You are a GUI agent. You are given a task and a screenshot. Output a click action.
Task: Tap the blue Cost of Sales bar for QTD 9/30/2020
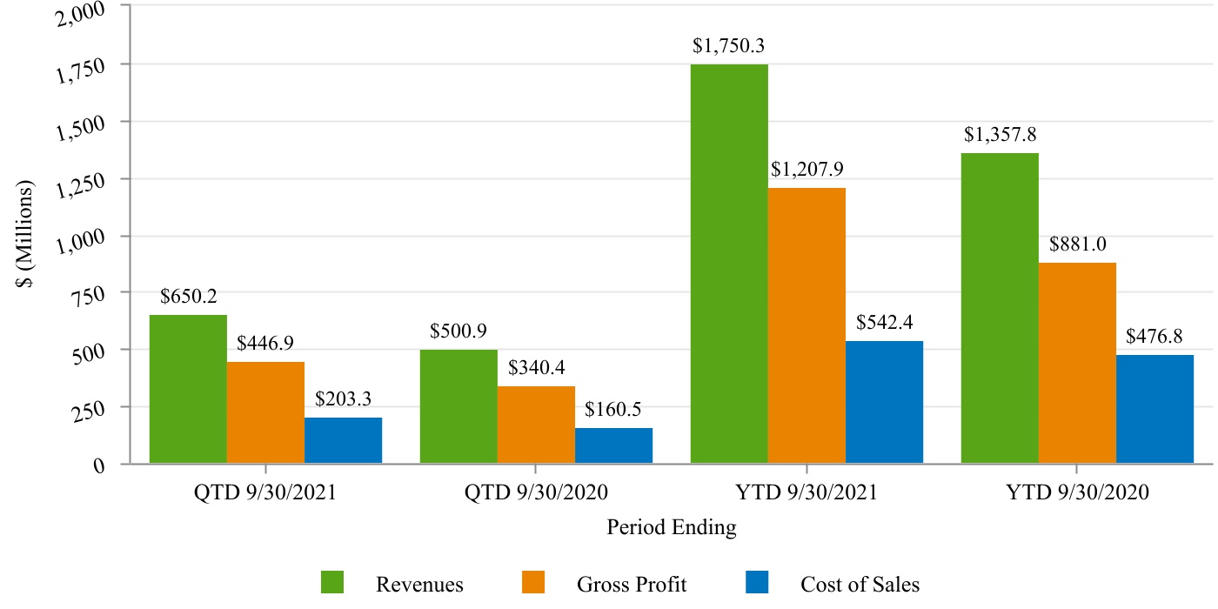pos(613,445)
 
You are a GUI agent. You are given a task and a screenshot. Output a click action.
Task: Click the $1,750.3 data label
pos(728,46)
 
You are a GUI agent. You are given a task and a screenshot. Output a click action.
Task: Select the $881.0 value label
pos(1077,244)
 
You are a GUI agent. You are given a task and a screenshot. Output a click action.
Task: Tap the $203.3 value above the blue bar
pos(343,399)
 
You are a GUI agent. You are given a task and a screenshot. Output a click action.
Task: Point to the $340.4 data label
pos(536,367)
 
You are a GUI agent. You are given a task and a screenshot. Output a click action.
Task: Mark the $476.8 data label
pos(1154,336)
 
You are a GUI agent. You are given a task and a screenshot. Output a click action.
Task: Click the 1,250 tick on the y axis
pos(80,183)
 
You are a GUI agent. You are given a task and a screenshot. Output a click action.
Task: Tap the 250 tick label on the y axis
pos(90,411)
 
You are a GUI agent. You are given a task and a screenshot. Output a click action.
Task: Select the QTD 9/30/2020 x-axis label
pos(536,492)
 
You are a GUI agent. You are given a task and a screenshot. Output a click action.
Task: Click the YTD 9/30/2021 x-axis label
pos(806,492)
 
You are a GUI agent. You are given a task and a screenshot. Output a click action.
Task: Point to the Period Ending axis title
pos(671,527)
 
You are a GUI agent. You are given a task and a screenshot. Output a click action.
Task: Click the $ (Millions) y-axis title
pos(28,235)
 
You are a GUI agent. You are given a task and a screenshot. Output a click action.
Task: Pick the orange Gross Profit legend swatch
pos(534,583)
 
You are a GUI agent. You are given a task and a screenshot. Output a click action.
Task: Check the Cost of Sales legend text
pos(860,584)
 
